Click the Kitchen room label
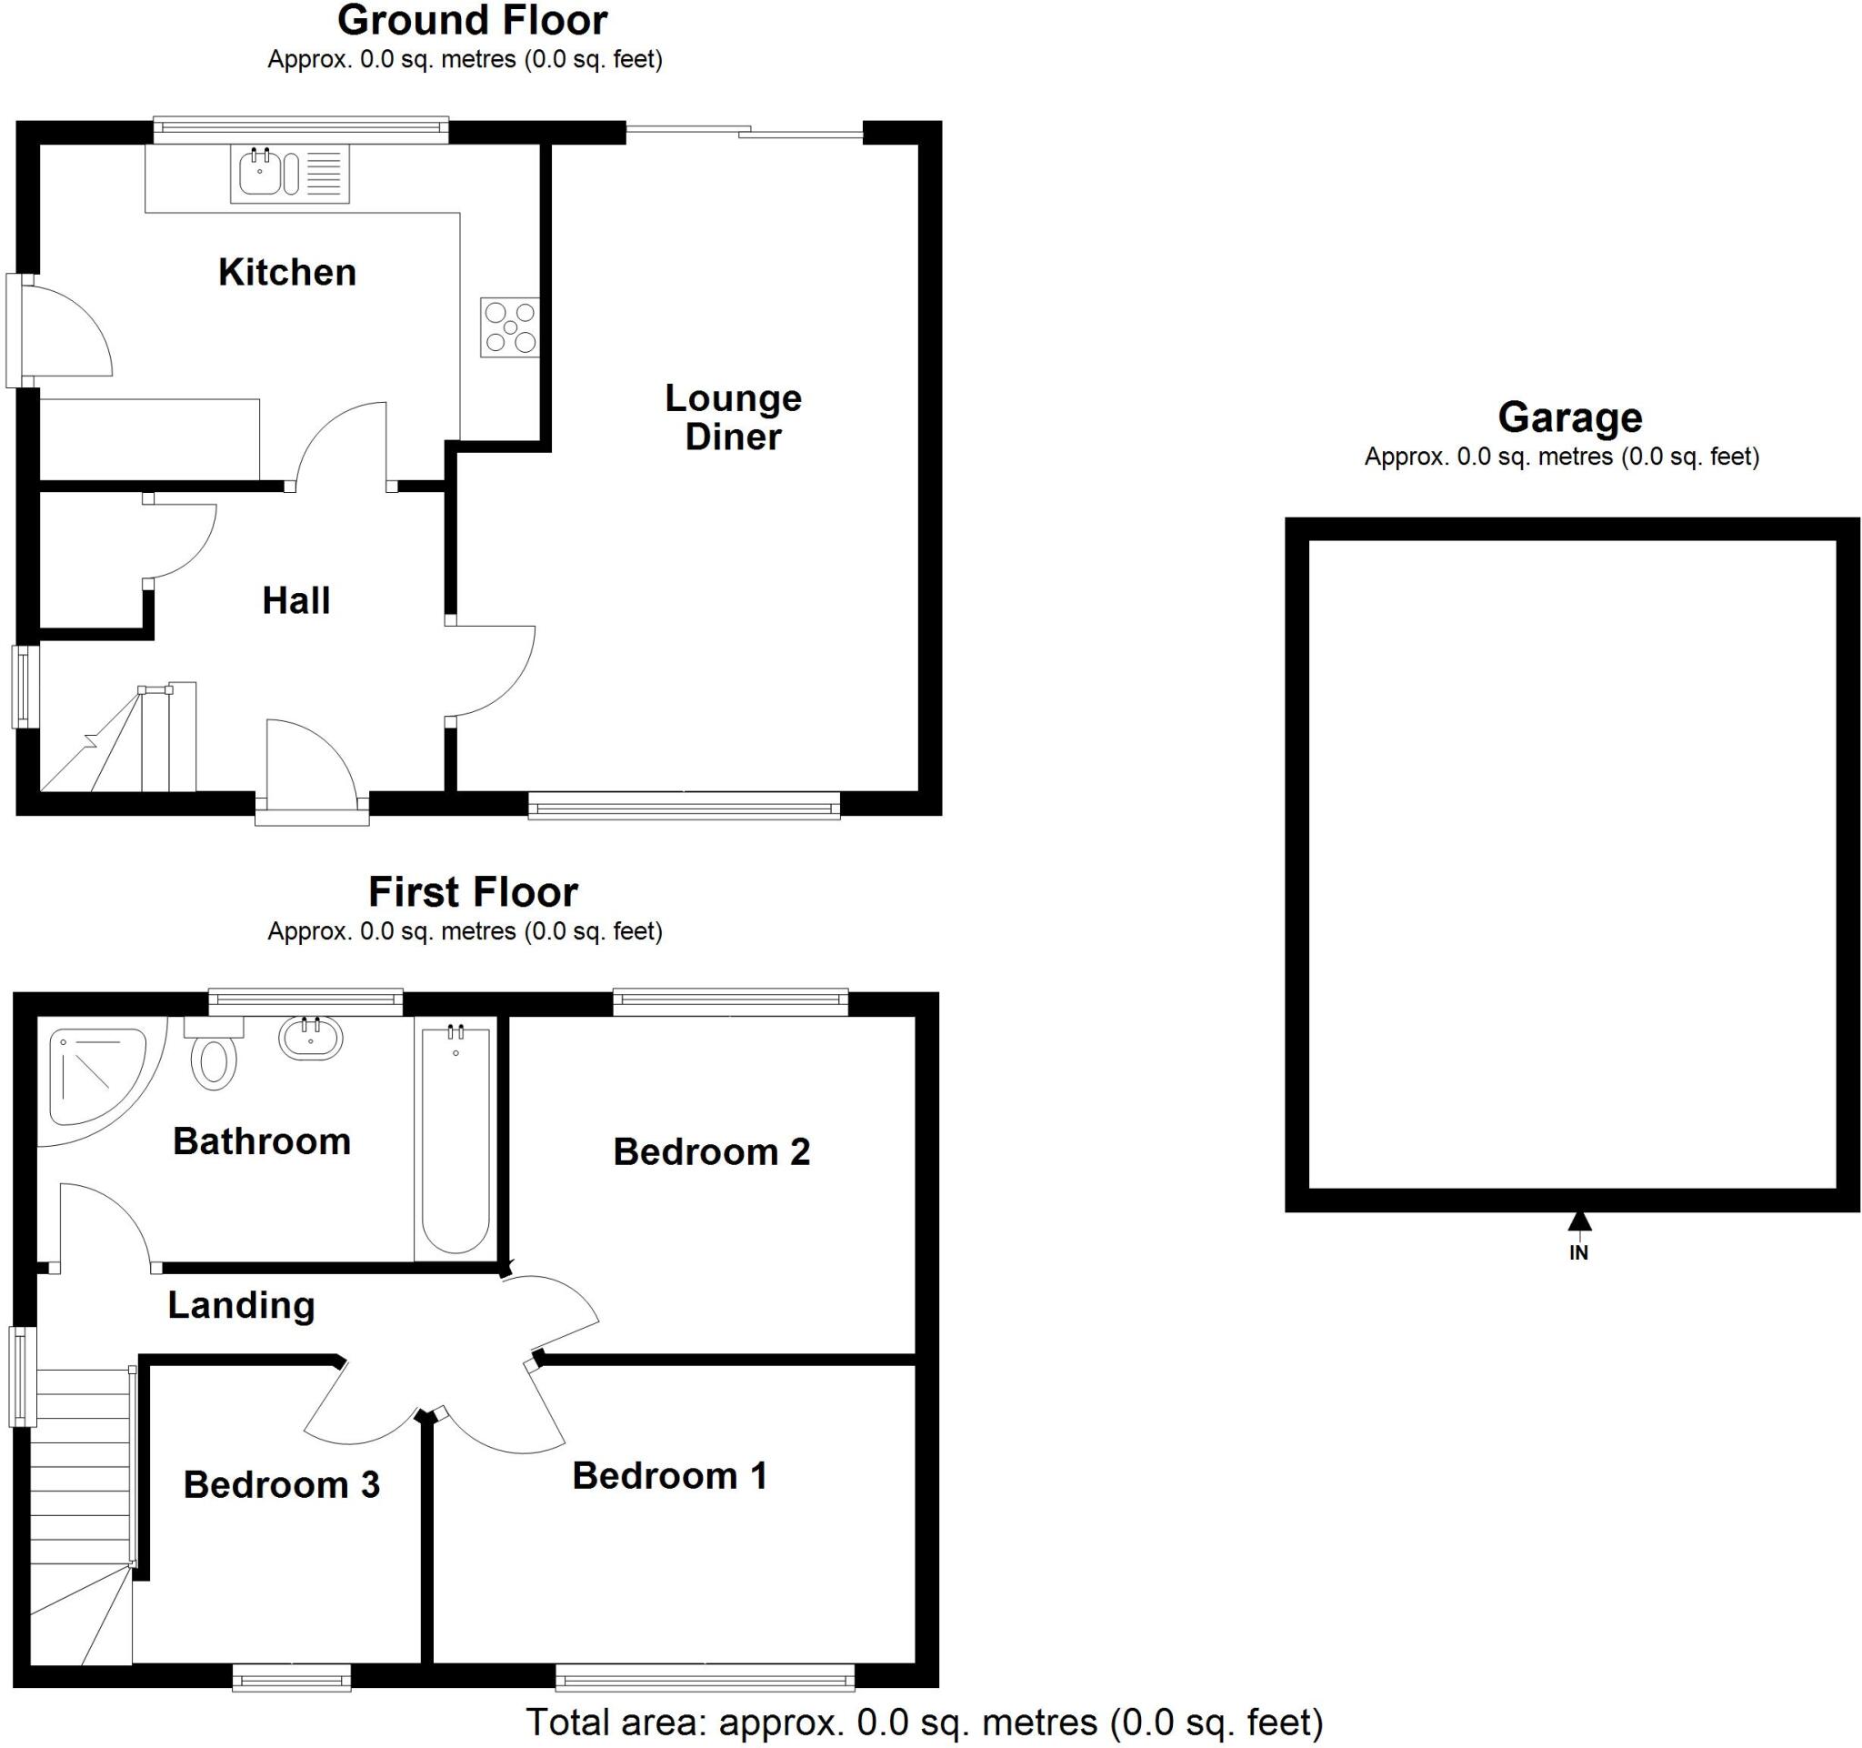286,273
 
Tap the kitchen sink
265,174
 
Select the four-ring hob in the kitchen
509,326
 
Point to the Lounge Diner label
733,417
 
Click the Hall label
296,601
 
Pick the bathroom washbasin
311,1038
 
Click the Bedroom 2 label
711,1152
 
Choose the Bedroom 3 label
281,1484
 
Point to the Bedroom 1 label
670,1475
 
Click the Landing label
241,1305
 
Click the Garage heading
1570,417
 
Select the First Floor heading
473,892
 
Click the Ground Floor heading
473,21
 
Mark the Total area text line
925,1722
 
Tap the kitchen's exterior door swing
65,331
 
